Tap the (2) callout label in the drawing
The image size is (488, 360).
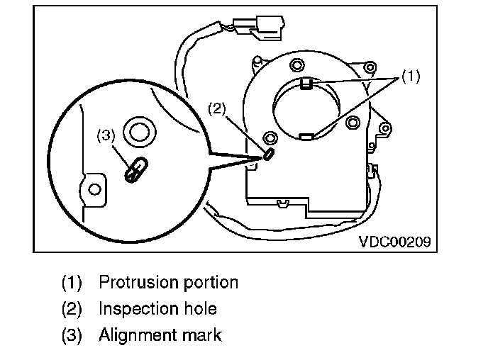pyautogui.click(x=216, y=108)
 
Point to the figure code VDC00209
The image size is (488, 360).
pyautogui.click(x=394, y=241)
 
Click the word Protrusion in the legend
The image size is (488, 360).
pyautogui.click(x=134, y=282)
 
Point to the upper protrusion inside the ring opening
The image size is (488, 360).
pyautogui.click(x=306, y=85)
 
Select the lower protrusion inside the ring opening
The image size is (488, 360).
pyautogui.click(x=306, y=135)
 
